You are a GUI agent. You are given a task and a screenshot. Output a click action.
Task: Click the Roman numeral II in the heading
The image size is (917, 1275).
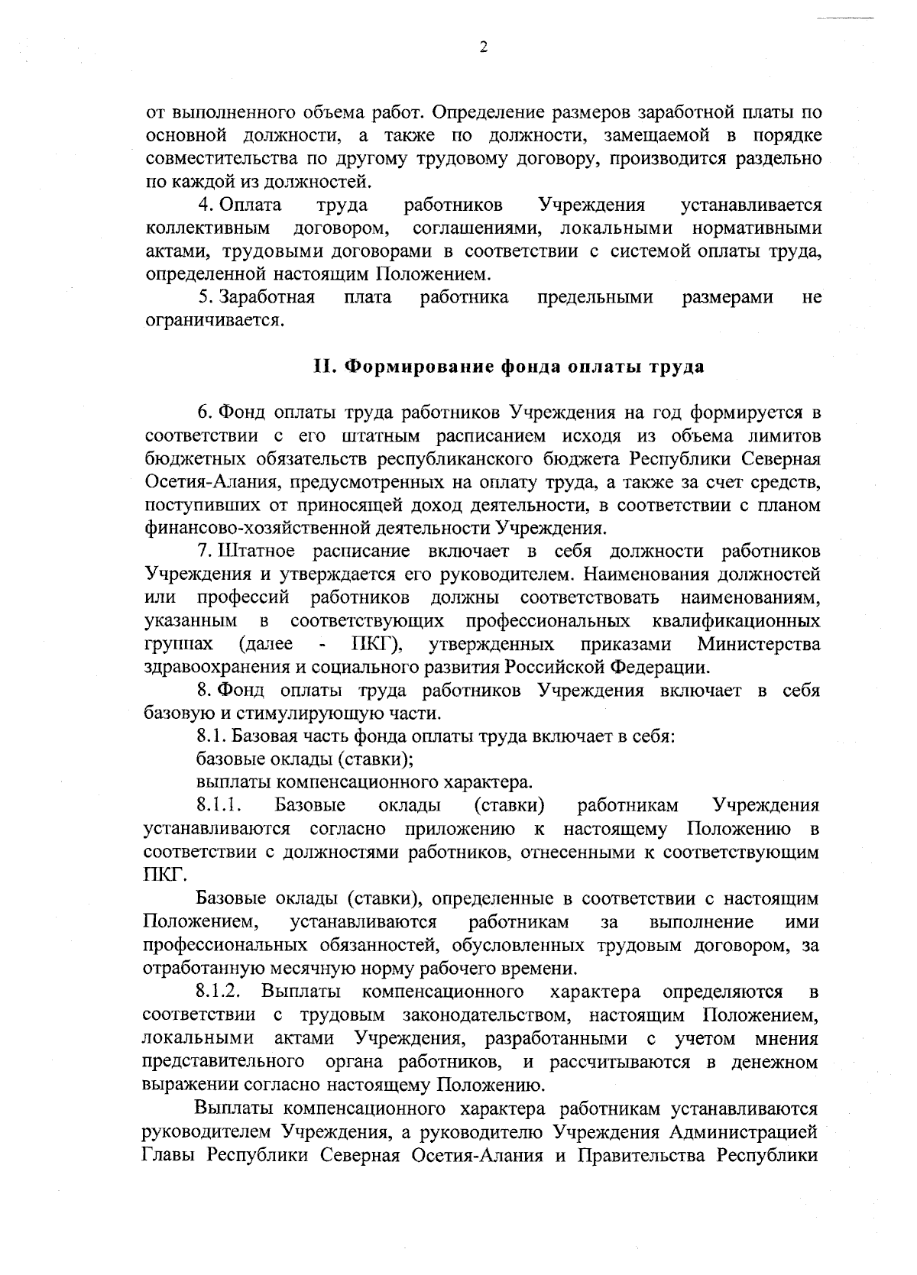point(322,366)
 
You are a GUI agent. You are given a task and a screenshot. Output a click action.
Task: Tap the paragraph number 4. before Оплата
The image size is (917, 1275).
point(205,205)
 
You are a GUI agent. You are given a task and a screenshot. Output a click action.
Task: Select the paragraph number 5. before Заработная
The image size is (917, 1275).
point(205,297)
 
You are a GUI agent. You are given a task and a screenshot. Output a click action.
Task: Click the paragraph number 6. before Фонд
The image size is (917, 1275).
point(204,413)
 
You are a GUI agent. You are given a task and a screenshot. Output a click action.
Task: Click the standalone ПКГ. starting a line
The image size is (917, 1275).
point(160,875)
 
